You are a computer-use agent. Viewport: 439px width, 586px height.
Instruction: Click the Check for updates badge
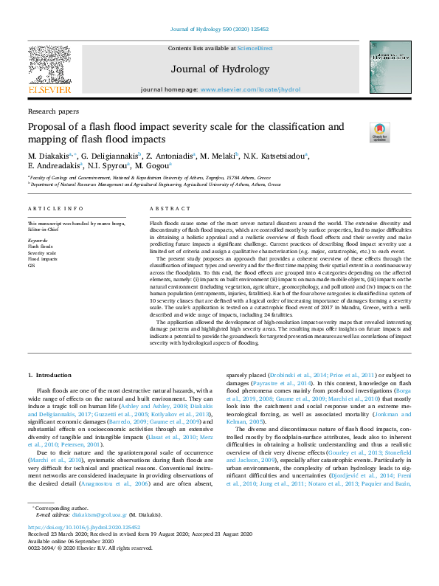point(380,132)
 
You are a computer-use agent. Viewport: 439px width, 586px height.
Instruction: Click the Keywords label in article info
point(39,240)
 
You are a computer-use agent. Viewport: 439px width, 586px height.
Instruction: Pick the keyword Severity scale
point(42,253)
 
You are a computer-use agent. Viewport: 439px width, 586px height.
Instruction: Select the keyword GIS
point(31,265)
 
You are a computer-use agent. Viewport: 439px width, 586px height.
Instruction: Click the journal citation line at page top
point(219,29)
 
